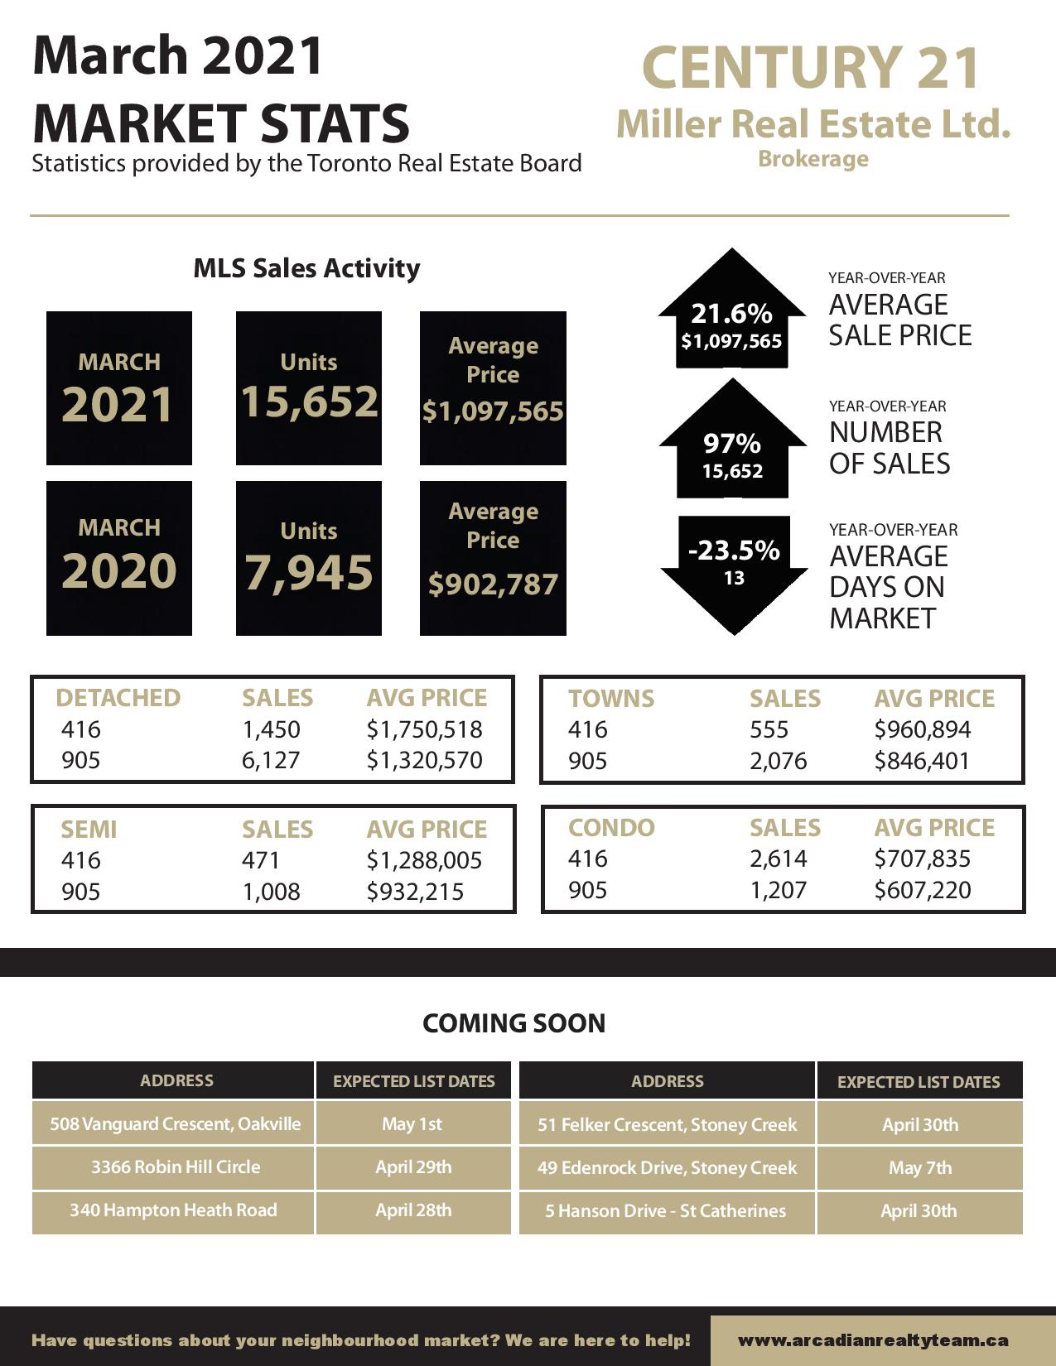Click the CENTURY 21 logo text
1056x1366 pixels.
click(x=811, y=68)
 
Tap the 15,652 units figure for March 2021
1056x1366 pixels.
click(x=309, y=402)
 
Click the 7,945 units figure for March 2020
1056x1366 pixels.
click(x=309, y=572)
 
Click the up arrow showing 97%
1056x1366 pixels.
click(x=732, y=447)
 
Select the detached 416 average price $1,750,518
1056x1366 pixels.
click(x=424, y=729)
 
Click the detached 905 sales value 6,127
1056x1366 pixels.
click(x=271, y=760)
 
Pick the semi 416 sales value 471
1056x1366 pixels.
click(x=261, y=860)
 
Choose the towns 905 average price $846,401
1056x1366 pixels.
click(x=922, y=761)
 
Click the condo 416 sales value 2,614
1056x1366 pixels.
click(x=779, y=859)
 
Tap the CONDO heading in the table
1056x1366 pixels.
click(x=611, y=828)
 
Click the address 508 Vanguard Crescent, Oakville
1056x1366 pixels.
click(x=176, y=1124)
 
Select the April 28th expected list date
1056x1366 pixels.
click(x=413, y=1210)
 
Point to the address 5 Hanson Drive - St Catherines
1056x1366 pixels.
click(x=666, y=1211)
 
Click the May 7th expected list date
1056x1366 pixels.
click(x=920, y=1168)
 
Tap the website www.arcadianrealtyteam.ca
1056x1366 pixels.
click(x=873, y=1340)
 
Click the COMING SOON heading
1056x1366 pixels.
click(x=514, y=1023)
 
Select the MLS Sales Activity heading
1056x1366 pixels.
click(x=306, y=268)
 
